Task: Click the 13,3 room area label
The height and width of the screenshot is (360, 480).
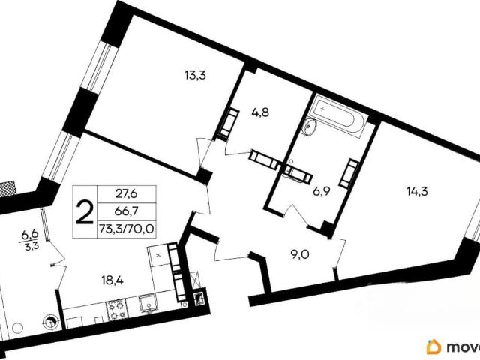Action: click(x=195, y=75)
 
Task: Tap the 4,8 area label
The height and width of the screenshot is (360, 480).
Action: click(x=260, y=113)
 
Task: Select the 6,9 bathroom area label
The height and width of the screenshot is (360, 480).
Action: click(x=322, y=192)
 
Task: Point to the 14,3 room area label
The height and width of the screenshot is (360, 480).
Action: click(x=417, y=192)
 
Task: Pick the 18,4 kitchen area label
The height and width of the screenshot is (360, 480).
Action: click(x=112, y=280)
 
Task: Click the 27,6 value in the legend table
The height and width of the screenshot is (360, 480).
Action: click(x=127, y=194)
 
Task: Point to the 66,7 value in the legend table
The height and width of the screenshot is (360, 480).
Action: click(x=127, y=211)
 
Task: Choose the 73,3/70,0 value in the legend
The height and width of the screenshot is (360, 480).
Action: click(x=127, y=229)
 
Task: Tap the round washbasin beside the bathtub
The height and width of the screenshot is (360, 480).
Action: click(x=310, y=126)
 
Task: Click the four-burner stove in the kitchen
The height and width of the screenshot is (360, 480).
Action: click(x=116, y=309)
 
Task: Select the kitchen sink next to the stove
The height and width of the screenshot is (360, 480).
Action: click(x=148, y=304)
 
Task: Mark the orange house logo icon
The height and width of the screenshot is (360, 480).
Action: click(x=435, y=347)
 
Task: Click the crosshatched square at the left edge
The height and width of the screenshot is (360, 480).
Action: click(x=8, y=187)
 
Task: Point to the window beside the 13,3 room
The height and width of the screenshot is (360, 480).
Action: click(x=98, y=67)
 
